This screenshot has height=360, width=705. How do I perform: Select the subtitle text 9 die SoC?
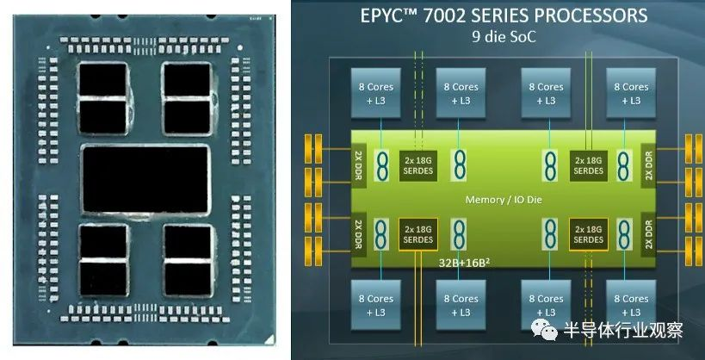[x=504, y=36]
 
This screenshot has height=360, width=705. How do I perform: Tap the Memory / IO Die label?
[x=504, y=199]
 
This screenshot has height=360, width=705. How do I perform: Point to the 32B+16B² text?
[x=464, y=263]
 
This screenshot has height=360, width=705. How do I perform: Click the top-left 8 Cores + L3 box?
[x=375, y=93]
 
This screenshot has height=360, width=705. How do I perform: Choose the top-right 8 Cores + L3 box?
[x=631, y=93]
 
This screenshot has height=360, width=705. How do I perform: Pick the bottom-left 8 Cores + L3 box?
[x=375, y=305]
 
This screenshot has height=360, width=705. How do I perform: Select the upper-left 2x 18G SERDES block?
[x=417, y=165]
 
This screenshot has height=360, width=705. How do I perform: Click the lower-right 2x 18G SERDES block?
[x=588, y=234]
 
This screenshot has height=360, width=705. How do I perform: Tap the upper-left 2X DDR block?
[x=358, y=163]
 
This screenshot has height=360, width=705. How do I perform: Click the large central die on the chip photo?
[x=146, y=178]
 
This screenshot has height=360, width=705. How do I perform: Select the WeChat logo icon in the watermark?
[x=544, y=330]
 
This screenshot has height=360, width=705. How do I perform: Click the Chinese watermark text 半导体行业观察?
[x=623, y=330]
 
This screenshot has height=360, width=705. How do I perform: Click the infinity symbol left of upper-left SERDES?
[x=381, y=165]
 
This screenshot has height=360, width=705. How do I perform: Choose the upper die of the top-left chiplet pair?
[x=102, y=79]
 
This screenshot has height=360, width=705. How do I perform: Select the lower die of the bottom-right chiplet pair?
[x=188, y=279]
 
